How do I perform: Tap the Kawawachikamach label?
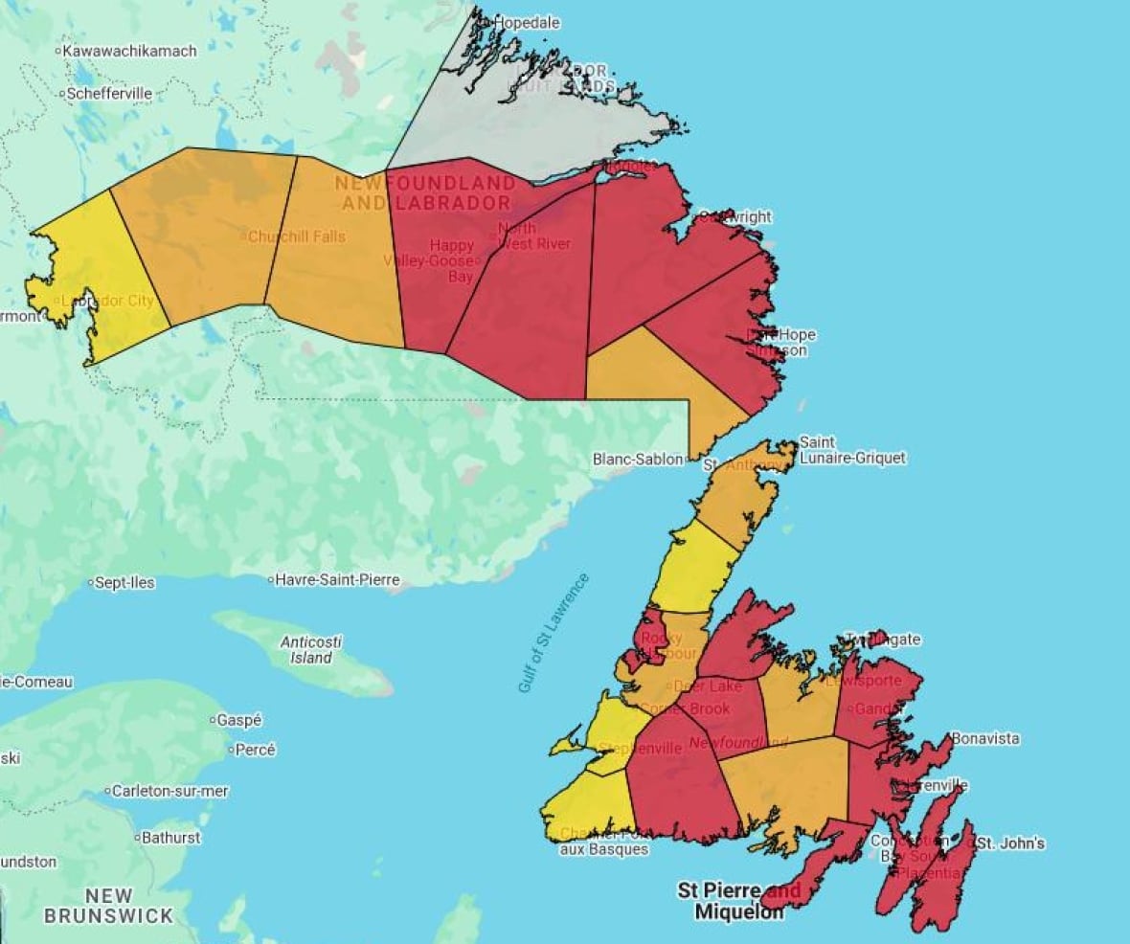129,50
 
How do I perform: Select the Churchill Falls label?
297,236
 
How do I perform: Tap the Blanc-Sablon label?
638,460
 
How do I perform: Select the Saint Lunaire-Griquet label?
851,450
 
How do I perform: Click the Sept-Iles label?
124,582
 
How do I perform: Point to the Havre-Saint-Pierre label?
337,580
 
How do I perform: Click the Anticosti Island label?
311,650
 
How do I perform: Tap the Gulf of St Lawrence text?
553,633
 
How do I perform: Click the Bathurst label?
171,838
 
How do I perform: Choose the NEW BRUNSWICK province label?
108,906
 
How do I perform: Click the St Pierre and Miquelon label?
739,902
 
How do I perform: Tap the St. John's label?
1011,843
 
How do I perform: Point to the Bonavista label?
985,739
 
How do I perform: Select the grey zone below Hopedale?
536,124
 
